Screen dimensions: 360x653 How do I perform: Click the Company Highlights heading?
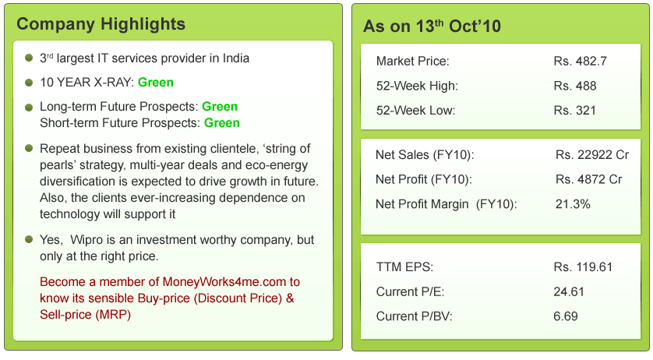pyautogui.click(x=101, y=24)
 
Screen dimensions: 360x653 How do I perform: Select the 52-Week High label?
pyautogui.click(x=417, y=86)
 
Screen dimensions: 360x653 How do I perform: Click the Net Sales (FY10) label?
pyautogui.click(x=425, y=155)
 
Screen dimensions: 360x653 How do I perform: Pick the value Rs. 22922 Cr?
pyautogui.click(x=592, y=155)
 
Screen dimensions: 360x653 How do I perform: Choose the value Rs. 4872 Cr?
pyautogui.click(x=589, y=179)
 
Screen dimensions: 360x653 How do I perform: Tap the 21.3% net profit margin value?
pyautogui.click(x=573, y=204)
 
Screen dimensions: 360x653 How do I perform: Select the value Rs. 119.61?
pyautogui.click(x=583, y=267)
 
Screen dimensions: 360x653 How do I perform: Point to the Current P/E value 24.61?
pyautogui.click(x=569, y=292)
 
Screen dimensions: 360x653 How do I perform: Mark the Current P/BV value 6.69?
pyautogui.click(x=566, y=317)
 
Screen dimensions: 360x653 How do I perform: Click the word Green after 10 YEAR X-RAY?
pyautogui.click(x=156, y=82)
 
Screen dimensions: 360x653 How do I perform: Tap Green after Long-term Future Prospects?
pyautogui.click(x=220, y=107)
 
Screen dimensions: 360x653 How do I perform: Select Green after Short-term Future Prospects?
pyautogui.click(x=222, y=122)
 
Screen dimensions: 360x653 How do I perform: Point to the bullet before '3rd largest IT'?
pyautogui.click(x=28, y=58)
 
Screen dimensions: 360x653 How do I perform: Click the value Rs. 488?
pyautogui.click(x=574, y=86)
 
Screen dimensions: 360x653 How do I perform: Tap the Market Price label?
pyautogui.click(x=413, y=61)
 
